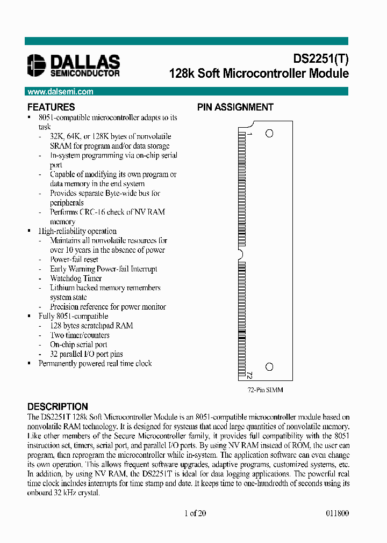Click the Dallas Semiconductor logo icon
click(37, 65)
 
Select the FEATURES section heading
click(51, 107)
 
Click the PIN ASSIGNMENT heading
click(235, 107)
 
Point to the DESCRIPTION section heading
click(58, 407)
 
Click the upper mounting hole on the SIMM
click(269, 133)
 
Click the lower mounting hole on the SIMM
click(269, 367)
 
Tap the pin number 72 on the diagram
click(250, 374)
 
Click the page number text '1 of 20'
click(195, 513)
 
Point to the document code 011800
click(337, 513)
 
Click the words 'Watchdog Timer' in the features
click(76, 278)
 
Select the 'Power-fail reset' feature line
click(74, 259)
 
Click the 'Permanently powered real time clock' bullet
click(95, 363)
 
